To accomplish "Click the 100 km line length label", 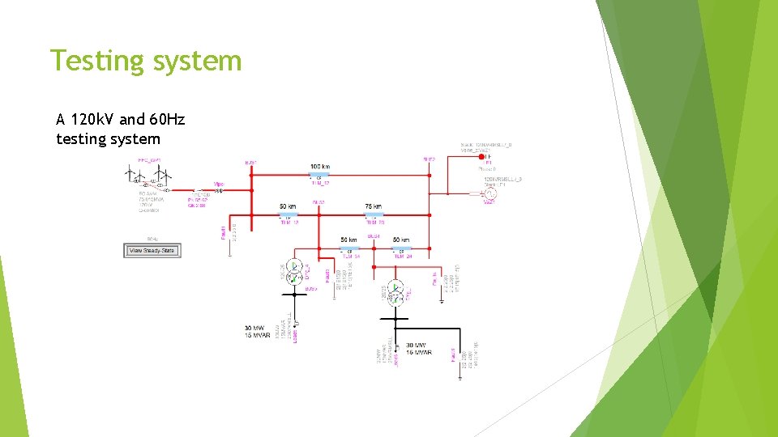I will (x=320, y=167).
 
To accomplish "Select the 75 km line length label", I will (x=373, y=206).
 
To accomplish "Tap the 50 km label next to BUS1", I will (x=288, y=206).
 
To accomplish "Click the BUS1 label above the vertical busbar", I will (x=251, y=163).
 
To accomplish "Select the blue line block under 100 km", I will (x=319, y=176).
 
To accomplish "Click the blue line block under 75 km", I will (x=374, y=215).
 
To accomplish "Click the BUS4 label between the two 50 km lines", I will (x=374, y=236).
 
